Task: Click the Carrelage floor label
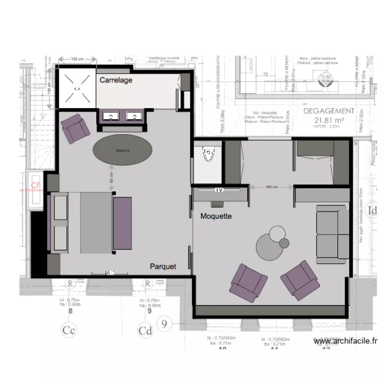click(x=116, y=80)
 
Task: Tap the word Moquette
click(x=216, y=217)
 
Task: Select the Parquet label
click(x=163, y=267)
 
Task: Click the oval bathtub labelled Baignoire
click(x=122, y=150)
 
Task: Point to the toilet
click(x=208, y=154)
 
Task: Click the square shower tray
click(x=77, y=89)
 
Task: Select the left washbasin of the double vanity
click(x=111, y=117)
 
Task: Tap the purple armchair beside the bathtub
click(x=75, y=129)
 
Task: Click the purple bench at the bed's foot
click(x=122, y=224)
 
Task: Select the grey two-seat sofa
click(x=331, y=234)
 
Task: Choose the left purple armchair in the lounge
click(x=249, y=282)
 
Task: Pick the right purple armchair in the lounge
click(x=301, y=280)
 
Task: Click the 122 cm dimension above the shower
click(x=77, y=59)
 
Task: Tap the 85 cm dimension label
click(x=111, y=178)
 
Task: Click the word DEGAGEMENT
click(x=329, y=111)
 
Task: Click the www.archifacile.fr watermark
click(x=346, y=341)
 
